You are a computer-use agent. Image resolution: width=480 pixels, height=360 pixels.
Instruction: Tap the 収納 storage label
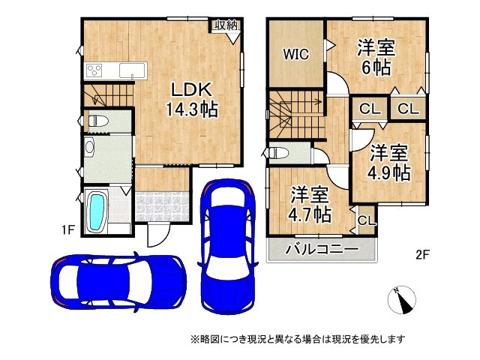(225, 25)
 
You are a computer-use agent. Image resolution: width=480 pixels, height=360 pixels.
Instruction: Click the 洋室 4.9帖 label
(388, 162)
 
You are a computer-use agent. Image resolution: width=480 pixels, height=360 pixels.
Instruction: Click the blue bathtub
(98, 211)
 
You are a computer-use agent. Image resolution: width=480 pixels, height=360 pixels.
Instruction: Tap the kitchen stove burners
(95, 70)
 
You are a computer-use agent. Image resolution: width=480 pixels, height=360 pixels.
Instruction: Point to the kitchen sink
(133, 71)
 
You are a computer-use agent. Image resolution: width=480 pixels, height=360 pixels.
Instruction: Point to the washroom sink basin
(90, 148)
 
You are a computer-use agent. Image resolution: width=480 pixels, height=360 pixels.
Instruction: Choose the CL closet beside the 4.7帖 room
(366, 220)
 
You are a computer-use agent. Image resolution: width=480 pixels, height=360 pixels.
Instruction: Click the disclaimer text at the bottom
(297, 339)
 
